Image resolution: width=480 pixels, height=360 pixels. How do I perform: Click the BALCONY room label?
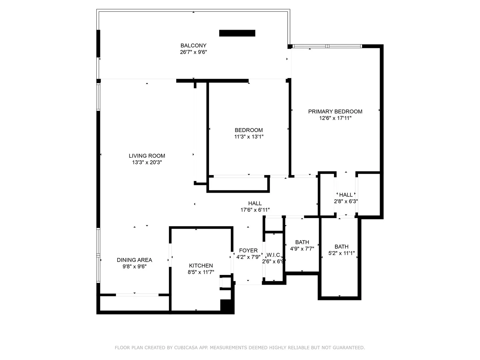pos(193,45)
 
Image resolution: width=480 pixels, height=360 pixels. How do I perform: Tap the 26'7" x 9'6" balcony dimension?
pos(193,52)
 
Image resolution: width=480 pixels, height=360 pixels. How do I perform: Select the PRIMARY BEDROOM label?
pos(335,111)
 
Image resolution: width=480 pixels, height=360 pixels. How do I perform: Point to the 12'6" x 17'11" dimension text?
pos(335,118)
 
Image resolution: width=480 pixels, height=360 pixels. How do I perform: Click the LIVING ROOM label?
pos(147,156)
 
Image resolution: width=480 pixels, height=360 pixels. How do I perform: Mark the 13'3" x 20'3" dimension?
pos(147,162)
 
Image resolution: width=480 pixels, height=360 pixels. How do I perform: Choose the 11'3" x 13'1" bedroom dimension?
pos(249,137)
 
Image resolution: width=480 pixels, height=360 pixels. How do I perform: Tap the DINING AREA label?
pos(134,260)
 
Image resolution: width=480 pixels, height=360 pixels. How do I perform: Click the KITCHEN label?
pos(201,266)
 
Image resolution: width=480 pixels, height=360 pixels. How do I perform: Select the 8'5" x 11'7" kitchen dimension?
pos(201,272)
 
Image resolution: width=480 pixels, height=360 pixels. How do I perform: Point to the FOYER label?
pos(248,250)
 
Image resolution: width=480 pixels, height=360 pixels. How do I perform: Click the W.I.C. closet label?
pos(274,255)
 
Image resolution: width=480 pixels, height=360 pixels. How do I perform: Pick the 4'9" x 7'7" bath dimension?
pos(302,249)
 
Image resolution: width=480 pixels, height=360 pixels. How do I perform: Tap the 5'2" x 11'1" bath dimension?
pos(341,253)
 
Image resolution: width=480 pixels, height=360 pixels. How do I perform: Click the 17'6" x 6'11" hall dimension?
pos(255,210)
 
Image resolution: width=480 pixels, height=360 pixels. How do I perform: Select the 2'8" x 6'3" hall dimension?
pos(346,201)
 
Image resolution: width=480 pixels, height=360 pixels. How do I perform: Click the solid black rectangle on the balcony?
pos(237,33)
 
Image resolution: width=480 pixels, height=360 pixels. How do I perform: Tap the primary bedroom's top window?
pos(327,46)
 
